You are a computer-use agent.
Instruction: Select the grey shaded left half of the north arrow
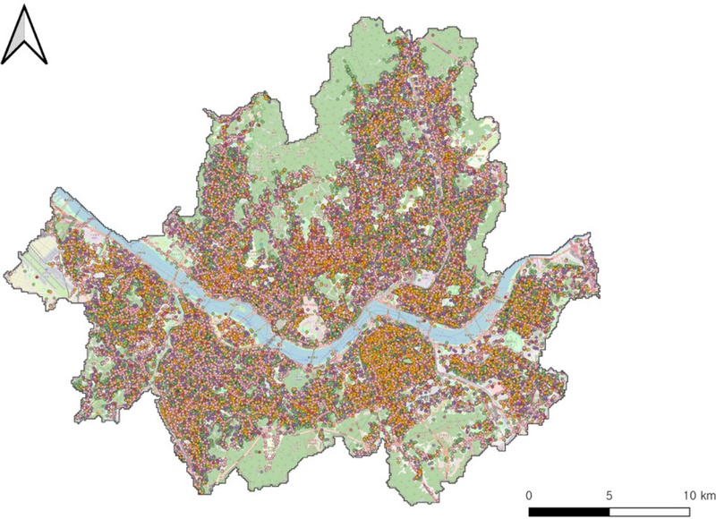(16, 38)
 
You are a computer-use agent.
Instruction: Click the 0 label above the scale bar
(529, 495)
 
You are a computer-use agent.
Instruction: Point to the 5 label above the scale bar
(609, 495)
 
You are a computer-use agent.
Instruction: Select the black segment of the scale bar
(569, 512)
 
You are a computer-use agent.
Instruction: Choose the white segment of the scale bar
(649, 512)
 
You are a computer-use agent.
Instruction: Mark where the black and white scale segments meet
(609, 512)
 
